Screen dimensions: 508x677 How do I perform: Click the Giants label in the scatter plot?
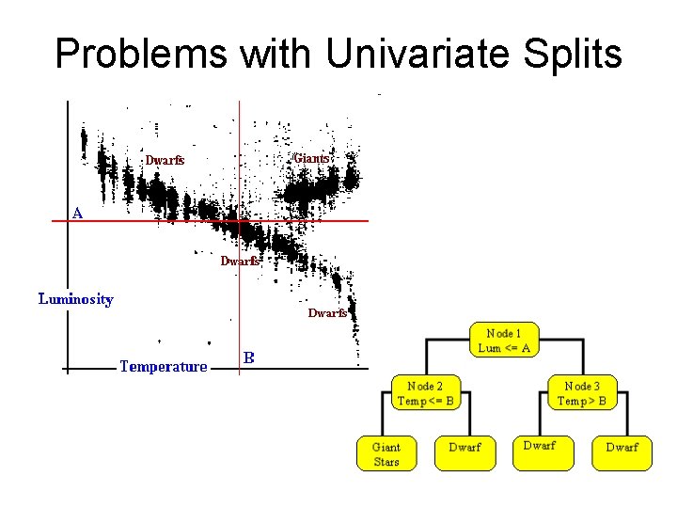click(x=310, y=158)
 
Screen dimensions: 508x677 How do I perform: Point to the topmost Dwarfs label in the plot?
click(x=164, y=160)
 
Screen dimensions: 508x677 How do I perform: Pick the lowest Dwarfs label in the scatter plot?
click(x=327, y=312)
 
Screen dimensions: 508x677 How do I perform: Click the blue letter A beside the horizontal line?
click(x=77, y=213)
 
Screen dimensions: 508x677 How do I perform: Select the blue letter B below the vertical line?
click(x=248, y=357)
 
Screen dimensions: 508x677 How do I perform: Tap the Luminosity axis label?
click(x=75, y=299)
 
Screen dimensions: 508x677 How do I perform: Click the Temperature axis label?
click(x=163, y=366)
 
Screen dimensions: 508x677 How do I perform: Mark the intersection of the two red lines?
click(x=240, y=220)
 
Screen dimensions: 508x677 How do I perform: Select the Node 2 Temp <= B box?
click(x=425, y=393)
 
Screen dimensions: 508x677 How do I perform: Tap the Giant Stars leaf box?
click(x=386, y=453)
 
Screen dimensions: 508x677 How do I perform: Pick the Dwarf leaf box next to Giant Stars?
click(x=464, y=448)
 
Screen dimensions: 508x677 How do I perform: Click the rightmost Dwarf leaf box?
click(x=622, y=448)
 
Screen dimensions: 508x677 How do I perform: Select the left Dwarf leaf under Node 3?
click(x=540, y=446)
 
